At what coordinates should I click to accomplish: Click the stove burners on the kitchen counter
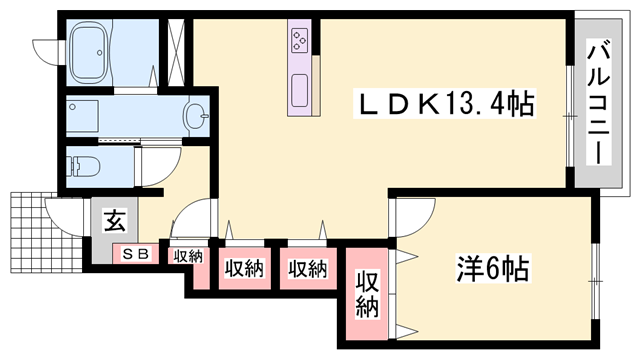click(300, 39)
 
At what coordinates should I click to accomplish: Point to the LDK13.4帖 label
click(445, 102)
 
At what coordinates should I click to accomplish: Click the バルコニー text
click(599, 100)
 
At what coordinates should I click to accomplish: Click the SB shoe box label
click(135, 254)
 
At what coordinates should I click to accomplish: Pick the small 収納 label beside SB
click(186, 257)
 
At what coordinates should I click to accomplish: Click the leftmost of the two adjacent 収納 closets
click(243, 269)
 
